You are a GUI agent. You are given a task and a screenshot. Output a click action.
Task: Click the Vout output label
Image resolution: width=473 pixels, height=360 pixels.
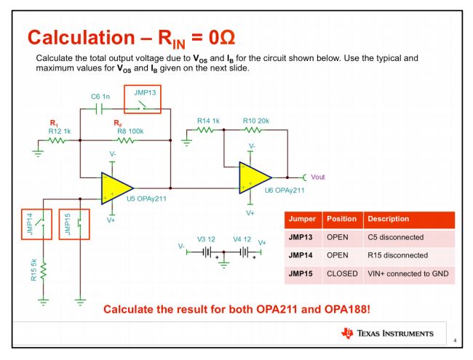coord(318,177)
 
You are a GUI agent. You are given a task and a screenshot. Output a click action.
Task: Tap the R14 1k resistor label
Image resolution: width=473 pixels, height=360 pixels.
coord(207,120)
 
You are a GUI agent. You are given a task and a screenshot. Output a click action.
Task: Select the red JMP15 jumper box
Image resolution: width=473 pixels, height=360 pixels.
coord(73,227)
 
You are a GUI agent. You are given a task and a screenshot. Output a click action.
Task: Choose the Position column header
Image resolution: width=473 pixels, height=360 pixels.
coord(341,219)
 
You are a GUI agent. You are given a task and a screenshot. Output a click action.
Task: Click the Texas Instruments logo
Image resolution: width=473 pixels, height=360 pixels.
coord(386,334)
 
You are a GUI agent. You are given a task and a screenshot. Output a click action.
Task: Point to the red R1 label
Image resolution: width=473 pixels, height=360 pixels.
coord(53,123)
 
